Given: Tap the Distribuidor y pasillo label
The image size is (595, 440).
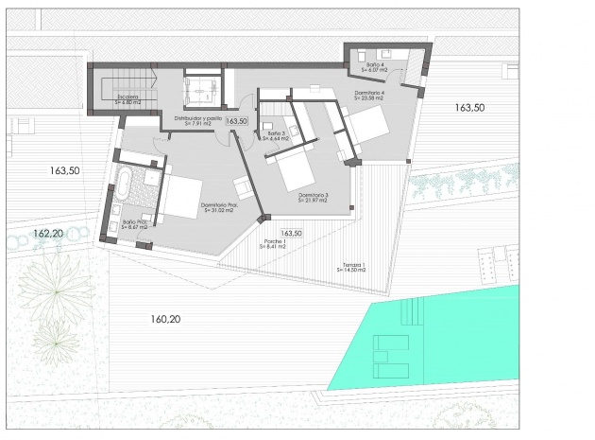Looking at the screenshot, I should point(198,120).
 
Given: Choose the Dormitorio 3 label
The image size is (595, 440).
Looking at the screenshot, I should point(313,198).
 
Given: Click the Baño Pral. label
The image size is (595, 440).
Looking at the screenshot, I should point(134,225).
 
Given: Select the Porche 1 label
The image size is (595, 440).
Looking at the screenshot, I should point(275,245).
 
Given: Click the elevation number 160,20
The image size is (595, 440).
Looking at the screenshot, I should point(164,319).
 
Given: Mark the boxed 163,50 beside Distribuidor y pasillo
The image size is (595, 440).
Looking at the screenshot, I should point(237,121).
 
